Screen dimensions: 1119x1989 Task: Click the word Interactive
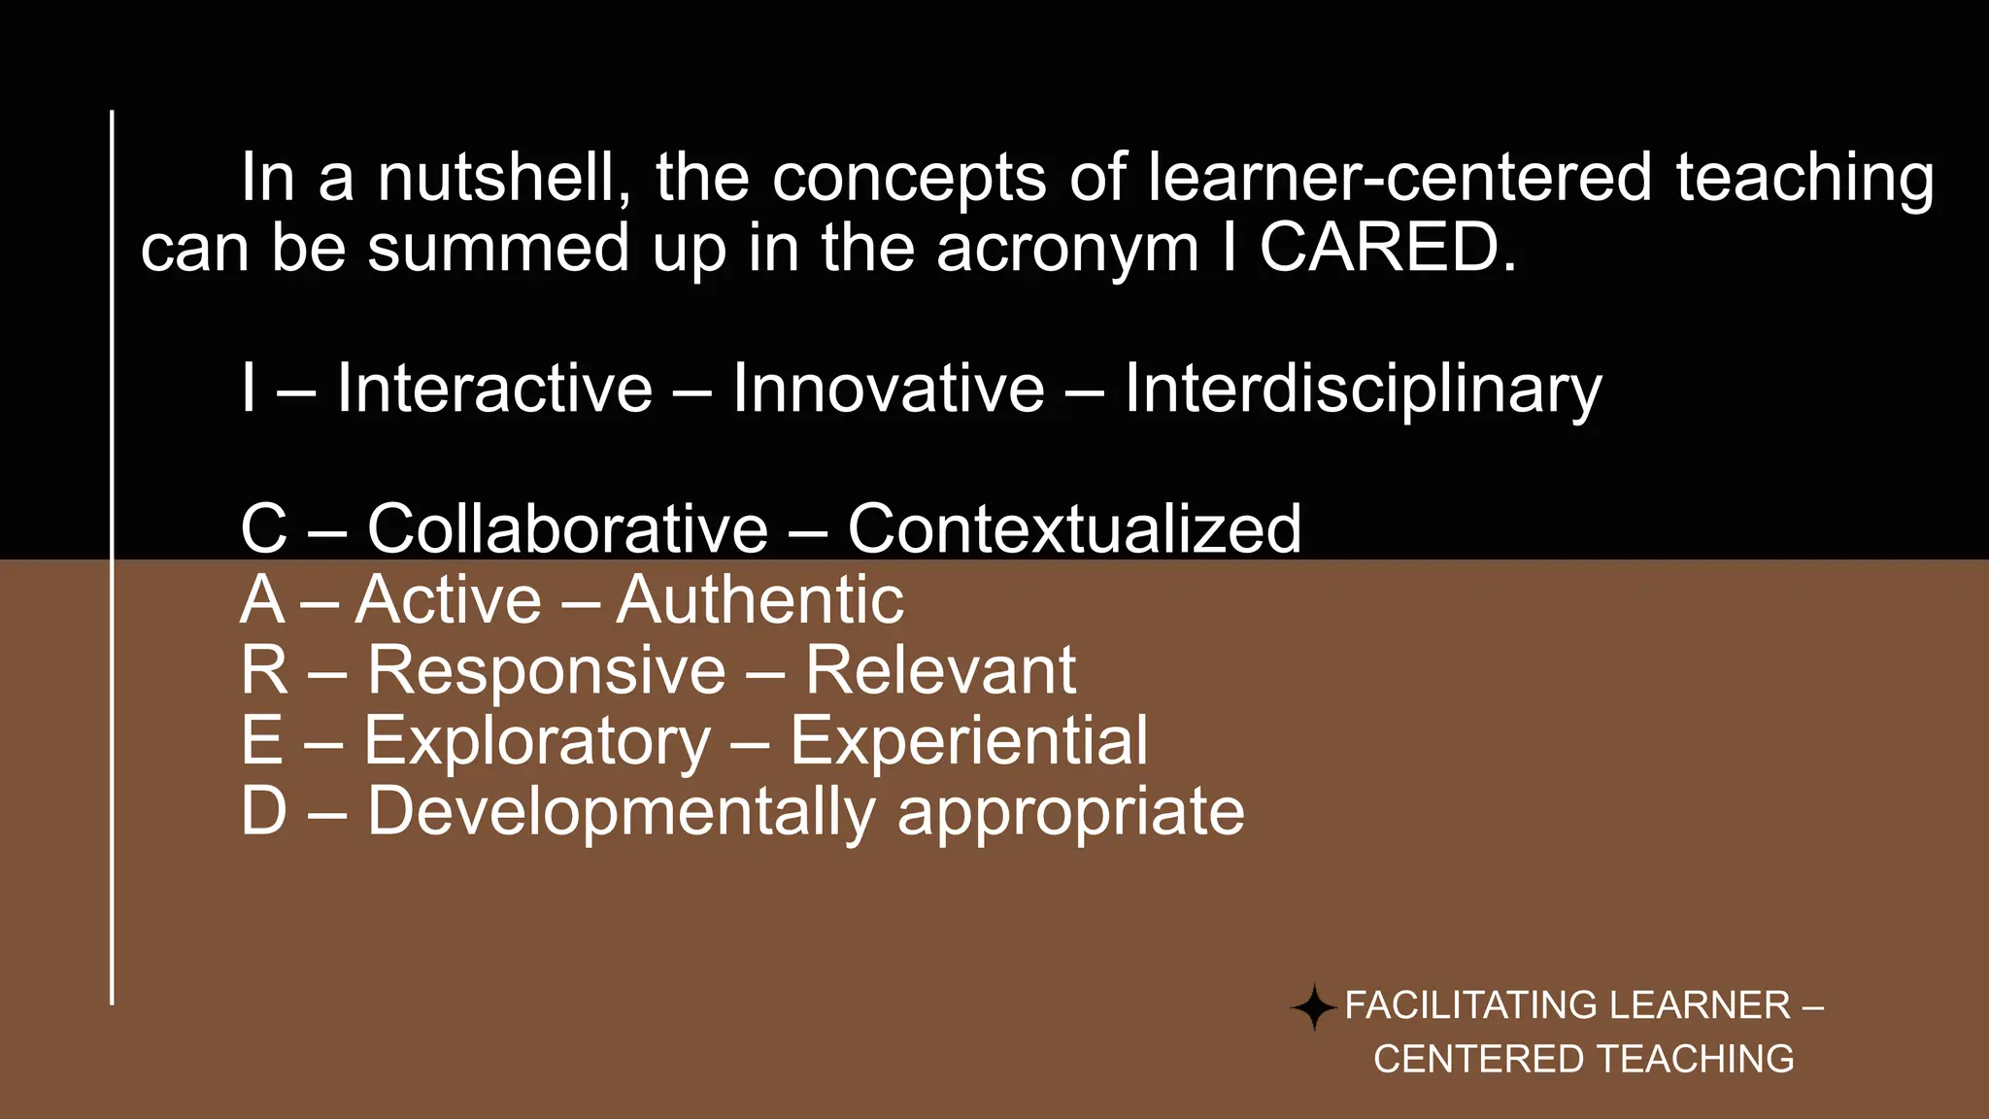[x=494, y=389]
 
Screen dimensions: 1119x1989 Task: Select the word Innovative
[x=888, y=389]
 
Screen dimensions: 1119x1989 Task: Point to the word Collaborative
[x=567, y=529]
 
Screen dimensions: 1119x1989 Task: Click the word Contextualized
[x=1073, y=529]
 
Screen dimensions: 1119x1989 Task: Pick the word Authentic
[x=759, y=599]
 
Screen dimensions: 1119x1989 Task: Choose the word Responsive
[x=547, y=670]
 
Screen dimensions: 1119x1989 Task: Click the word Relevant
[x=940, y=670]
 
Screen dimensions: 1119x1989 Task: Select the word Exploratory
[x=537, y=742]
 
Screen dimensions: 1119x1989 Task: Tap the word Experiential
[x=968, y=741]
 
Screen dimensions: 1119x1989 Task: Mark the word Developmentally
[x=622, y=812]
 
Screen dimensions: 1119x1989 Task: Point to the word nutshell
[x=504, y=178]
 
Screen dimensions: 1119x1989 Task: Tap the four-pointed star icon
[x=1314, y=1006]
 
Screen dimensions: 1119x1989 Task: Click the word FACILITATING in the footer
[x=1467, y=1005]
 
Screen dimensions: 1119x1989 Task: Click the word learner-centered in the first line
[x=1399, y=178]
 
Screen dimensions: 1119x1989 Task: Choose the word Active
[x=448, y=599]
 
